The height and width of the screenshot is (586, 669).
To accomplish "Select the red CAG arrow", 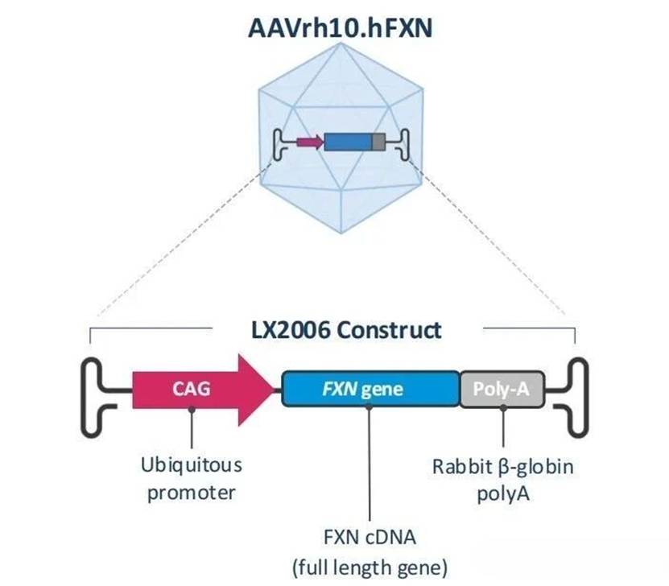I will click(x=201, y=390).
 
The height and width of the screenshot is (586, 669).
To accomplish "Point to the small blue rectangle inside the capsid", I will click(x=348, y=142).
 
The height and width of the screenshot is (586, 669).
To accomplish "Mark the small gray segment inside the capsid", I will click(x=378, y=142).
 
